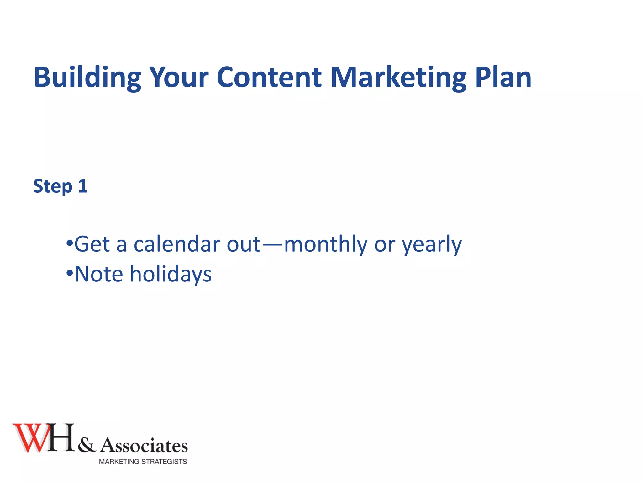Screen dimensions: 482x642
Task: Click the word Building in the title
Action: [x=87, y=77]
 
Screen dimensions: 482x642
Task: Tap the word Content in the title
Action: [x=269, y=77]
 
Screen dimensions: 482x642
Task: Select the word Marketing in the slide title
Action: [x=398, y=77]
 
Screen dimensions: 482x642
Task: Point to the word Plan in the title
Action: [x=503, y=77]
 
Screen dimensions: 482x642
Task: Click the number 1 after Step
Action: [x=82, y=186]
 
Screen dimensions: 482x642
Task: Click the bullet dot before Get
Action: [x=69, y=243]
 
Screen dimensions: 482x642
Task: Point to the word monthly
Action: [x=325, y=244]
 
